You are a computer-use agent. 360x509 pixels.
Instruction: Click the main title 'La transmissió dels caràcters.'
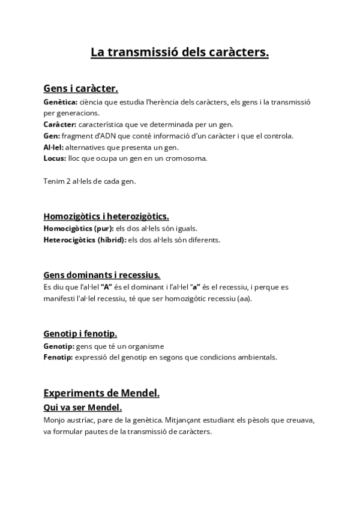click(179, 53)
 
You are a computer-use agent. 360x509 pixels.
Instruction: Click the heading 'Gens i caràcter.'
click(80, 89)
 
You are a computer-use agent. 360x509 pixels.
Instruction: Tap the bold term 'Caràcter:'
click(60, 124)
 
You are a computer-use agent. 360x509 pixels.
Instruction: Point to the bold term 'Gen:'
click(52, 136)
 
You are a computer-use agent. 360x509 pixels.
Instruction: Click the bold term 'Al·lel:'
click(53, 147)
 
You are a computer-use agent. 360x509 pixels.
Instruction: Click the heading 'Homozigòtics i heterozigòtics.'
click(106, 216)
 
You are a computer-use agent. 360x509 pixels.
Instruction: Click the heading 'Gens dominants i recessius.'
click(101, 275)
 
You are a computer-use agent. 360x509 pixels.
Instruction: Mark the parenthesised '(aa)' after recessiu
click(245, 298)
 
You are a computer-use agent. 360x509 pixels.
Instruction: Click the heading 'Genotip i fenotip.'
click(80, 333)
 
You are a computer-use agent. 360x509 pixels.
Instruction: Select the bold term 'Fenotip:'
click(58, 357)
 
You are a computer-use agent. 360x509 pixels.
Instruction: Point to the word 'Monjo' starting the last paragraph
click(55, 420)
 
